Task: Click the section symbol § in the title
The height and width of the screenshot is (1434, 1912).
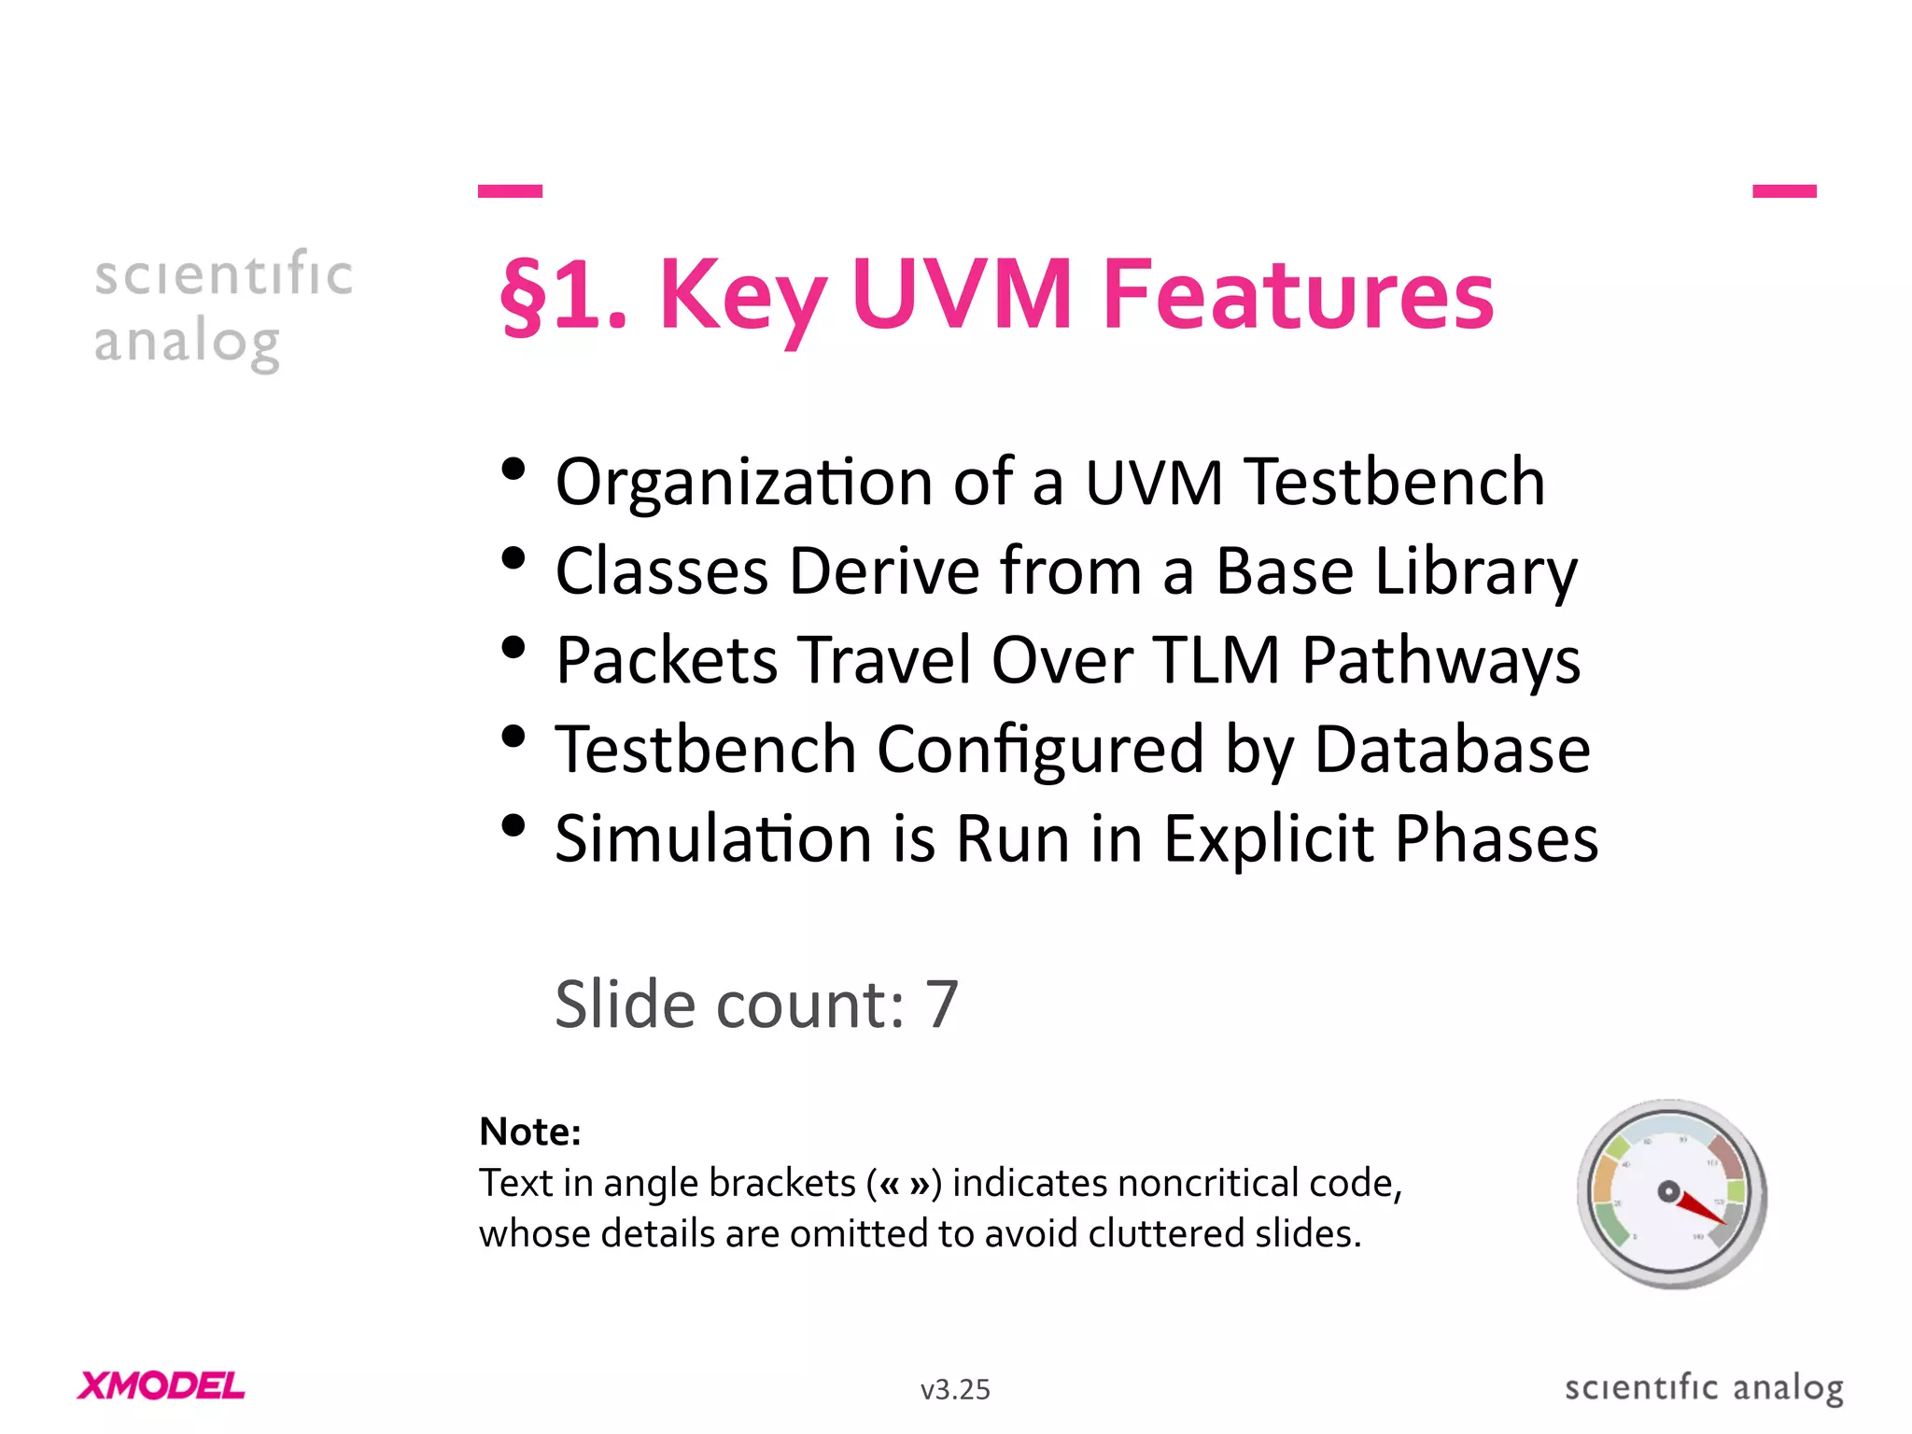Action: tap(524, 295)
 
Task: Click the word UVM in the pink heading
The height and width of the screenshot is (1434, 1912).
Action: tap(962, 295)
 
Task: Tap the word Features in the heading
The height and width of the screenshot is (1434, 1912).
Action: tap(1298, 295)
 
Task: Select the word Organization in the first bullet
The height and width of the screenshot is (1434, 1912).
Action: tap(743, 483)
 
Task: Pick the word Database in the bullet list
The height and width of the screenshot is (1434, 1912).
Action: tap(1452, 750)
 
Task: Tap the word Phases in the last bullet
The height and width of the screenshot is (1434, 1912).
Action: tap(1496, 838)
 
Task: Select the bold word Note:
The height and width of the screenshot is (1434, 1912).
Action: tap(530, 1132)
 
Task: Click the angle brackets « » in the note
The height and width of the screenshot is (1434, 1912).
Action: tap(905, 1184)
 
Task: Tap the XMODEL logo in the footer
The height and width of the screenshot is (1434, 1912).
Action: tap(162, 1386)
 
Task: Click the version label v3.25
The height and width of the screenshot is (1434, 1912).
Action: tap(955, 1390)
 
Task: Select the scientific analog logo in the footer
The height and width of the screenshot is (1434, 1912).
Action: tap(1704, 1388)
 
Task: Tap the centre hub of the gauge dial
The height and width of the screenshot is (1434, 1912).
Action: tap(1668, 1191)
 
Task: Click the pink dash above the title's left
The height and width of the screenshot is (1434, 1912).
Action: tap(510, 191)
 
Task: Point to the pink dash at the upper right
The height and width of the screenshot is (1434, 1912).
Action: tap(1784, 191)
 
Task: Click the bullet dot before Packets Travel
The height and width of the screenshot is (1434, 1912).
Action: tap(513, 647)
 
